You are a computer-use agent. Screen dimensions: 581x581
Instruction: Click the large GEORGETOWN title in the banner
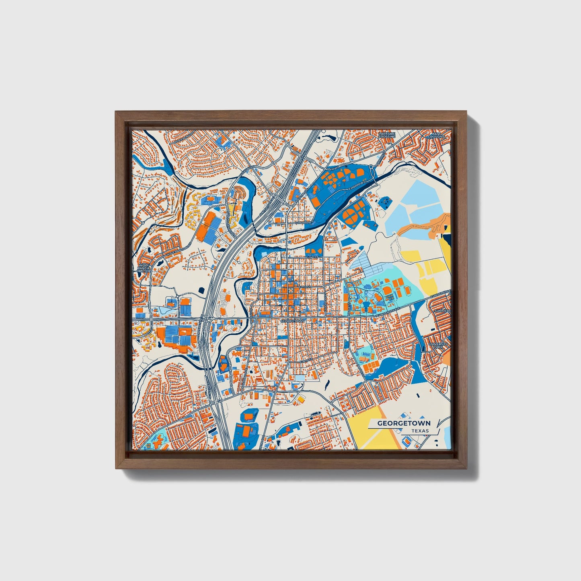pos(403,423)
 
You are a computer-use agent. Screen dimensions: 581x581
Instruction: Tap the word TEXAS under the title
pos(420,431)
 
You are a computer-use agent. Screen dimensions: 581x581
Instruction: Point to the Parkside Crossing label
pos(387,135)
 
